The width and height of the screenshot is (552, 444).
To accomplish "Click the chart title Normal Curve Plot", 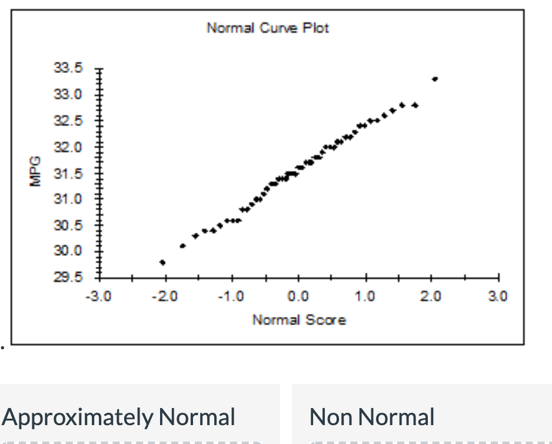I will click(x=268, y=28).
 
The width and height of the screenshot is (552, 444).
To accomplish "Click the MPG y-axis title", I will click(x=35, y=172).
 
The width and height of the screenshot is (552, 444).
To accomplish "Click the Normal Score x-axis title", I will click(x=299, y=320).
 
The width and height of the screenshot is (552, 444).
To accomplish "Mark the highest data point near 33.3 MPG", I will click(x=434, y=79).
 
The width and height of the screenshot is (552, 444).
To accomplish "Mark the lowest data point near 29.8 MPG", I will click(x=162, y=262).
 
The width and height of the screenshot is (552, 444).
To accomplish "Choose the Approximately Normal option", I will click(x=119, y=417).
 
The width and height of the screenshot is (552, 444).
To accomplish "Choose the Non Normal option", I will click(x=372, y=417).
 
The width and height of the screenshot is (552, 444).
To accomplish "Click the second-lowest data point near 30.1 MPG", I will click(x=182, y=246).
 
